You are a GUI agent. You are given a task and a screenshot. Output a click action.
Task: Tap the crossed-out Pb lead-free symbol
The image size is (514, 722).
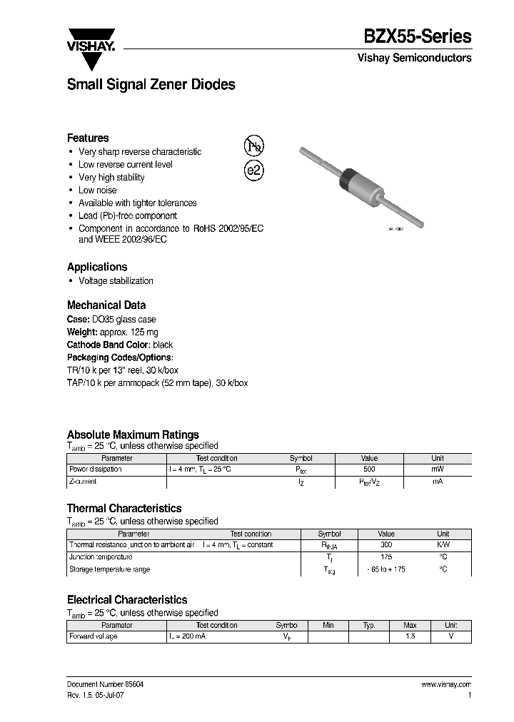coord(253,146)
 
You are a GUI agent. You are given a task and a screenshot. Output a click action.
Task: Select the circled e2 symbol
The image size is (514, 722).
coord(254,171)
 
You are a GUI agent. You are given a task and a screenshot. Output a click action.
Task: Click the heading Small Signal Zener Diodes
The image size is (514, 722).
coord(151,85)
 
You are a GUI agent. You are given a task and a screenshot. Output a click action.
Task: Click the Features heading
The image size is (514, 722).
coord(88,138)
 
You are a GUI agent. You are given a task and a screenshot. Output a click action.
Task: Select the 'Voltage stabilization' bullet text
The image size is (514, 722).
coord(116,281)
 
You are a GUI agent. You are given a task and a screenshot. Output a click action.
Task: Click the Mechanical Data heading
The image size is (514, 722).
coord(106,305)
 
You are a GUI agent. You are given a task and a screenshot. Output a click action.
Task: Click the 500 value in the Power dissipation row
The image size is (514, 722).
coord(369,469)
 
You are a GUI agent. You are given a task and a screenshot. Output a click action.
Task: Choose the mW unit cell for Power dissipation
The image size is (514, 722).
coord(437,469)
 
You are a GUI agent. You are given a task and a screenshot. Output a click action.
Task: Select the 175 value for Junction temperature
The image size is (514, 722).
coord(385,557)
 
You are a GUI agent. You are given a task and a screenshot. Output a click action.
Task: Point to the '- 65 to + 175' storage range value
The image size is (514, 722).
coord(385,569)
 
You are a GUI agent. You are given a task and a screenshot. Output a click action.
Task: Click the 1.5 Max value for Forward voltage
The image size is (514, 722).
coord(410,636)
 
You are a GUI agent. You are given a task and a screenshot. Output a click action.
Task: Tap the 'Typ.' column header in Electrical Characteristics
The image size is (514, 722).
coord(368,625)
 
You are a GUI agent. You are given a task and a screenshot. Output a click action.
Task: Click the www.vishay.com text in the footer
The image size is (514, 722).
coord(446,684)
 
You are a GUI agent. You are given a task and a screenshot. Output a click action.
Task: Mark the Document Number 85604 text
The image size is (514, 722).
coord(106,684)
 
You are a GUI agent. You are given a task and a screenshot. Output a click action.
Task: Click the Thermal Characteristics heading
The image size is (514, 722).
coord(124,509)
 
